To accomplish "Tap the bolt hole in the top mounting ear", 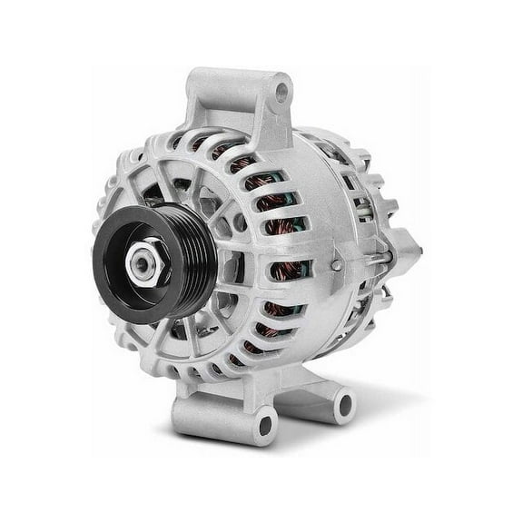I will click(x=282, y=92).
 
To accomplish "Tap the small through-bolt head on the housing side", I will click(x=336, y=265).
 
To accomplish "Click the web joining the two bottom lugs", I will click(x=300, y=400).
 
